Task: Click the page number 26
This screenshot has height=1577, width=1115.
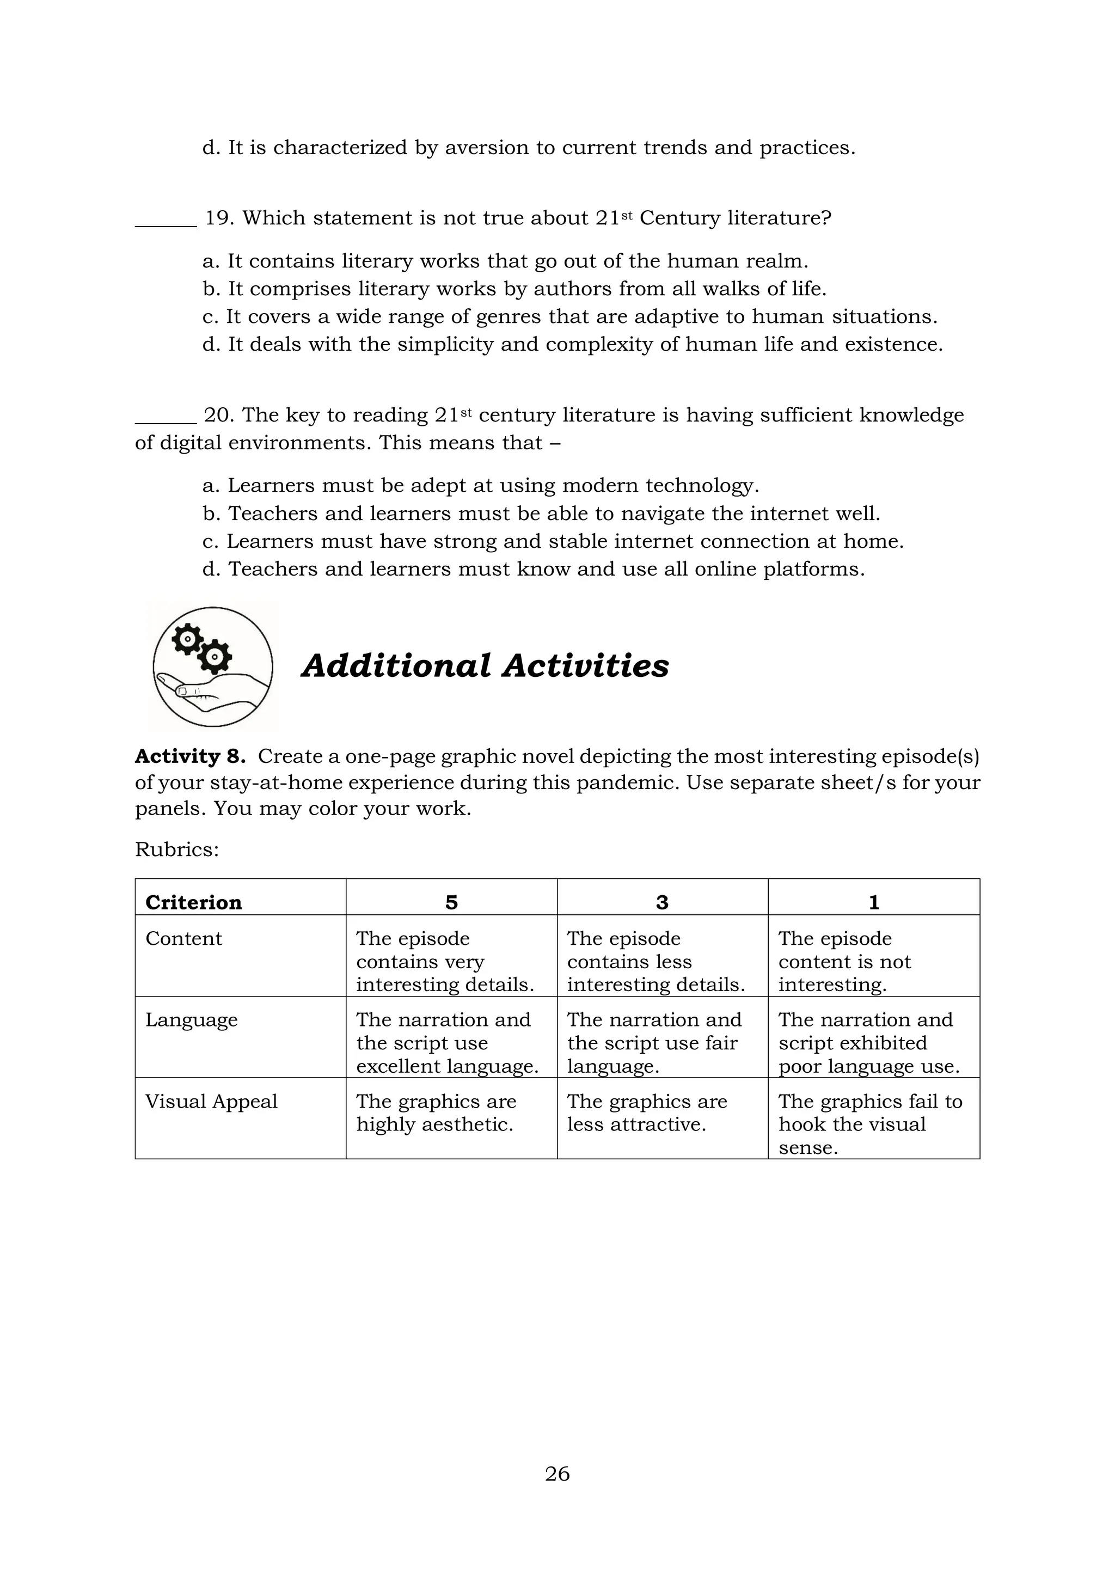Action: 557,1474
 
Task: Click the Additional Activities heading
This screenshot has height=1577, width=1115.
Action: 485,665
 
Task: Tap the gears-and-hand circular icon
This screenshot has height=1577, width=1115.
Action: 213,666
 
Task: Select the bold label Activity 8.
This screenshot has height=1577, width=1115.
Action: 190,756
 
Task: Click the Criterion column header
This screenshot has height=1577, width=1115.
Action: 194,902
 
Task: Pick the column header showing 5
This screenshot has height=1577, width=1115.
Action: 451,902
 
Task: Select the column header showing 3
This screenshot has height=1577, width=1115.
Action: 662,902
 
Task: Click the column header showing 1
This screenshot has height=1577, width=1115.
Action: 873,902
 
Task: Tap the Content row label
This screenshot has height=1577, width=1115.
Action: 184,938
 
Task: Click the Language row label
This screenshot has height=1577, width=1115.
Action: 192,1020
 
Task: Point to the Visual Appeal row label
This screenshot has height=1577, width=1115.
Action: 211,1101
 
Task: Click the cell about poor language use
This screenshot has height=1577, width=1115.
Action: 868,1043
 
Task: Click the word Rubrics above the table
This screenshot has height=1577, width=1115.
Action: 176,849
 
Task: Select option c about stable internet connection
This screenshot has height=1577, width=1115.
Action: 553,541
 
